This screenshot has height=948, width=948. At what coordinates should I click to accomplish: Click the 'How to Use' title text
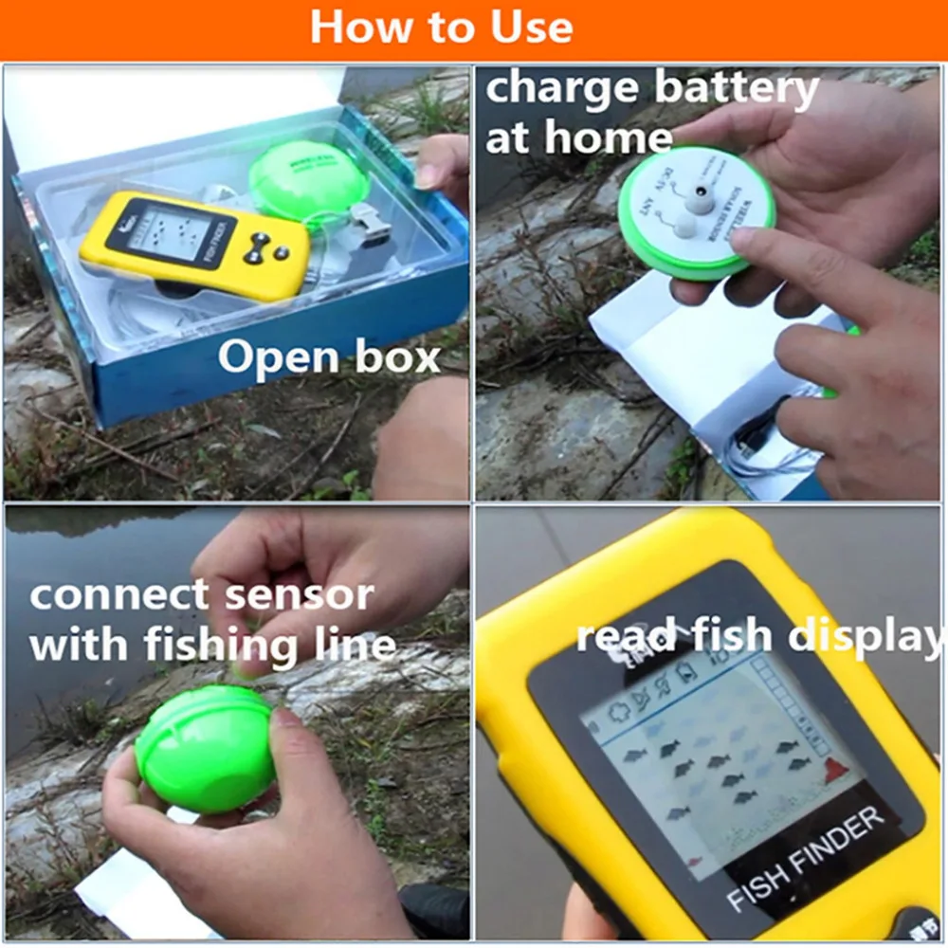[x=442, y=27]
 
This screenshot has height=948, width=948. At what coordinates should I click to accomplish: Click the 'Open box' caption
[x=329, y=357]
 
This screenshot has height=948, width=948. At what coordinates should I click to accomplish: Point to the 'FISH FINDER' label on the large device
[x=805, y=859]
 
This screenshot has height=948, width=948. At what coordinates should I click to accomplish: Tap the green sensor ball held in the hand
[x=205, y=749]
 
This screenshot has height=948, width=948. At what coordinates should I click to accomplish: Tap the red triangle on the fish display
[x=835, y=771]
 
